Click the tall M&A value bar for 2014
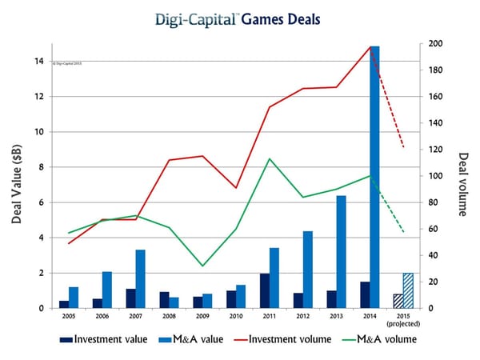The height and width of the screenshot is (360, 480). [x=374, y=176]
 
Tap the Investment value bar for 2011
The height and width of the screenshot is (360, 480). [x=264, y=291]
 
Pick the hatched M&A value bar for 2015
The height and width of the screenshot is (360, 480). [x=408, y=291]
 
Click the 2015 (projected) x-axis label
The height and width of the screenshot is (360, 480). [x=403, y=320]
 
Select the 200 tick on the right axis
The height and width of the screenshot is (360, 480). [x=436, y=43]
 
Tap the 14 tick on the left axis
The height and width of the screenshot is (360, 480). [x=39, y=61]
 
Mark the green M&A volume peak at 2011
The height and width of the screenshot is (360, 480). [x=270, y=158]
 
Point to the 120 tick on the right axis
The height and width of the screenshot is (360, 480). [x=436, y=150]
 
